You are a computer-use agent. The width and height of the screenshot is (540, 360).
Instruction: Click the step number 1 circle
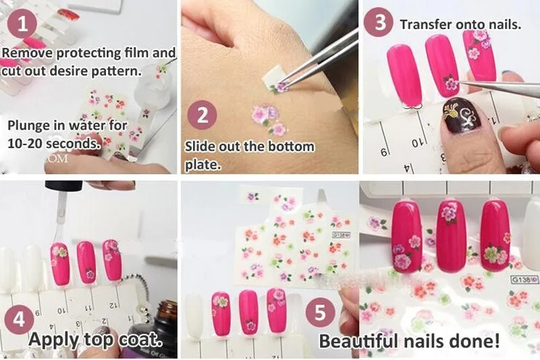click(22, 24)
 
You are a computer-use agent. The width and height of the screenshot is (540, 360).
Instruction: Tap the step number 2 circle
click(202, 115)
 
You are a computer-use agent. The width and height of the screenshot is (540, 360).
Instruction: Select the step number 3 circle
click(379, 22)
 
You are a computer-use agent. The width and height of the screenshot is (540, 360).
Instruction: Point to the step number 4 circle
click(19, 319)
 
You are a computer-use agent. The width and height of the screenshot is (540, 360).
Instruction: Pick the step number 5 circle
click(320, 313)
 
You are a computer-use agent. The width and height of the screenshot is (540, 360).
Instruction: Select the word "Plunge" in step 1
click(29, 126)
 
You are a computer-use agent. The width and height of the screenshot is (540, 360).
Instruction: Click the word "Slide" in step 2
click(200, 147)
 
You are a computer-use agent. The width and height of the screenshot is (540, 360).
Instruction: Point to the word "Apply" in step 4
click(54, 340)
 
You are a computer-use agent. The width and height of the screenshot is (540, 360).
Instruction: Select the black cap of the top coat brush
click(64, 186)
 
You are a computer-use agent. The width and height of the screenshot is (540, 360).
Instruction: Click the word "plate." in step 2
click(202, 165)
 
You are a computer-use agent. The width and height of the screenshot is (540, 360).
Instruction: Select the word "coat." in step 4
click(141, 340)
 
